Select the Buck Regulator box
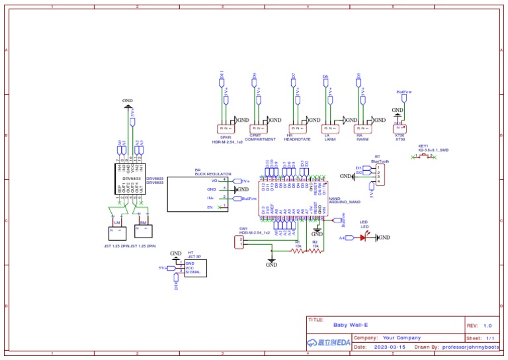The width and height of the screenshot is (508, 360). [196, 194]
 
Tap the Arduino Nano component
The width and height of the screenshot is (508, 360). [292, 198]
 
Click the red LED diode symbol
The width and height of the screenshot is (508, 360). [363, 238]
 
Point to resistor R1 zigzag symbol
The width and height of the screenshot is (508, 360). [297, 251]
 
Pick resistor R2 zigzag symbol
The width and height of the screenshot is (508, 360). [316, 251]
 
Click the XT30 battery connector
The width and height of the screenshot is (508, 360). [400, 128]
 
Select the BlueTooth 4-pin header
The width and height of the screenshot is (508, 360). [378, 174]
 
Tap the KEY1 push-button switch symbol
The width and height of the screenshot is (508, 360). [423, 156]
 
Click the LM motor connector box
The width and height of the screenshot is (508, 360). [116, 231]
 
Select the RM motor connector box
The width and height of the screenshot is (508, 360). [143, 231]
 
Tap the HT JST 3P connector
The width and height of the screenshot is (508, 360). [195, 268]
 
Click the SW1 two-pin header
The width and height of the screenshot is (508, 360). [241, 244]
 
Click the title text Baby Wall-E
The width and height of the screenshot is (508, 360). [350, 326]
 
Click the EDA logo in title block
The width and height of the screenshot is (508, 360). [329, 343]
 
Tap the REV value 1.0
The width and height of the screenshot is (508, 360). [487, 326]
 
